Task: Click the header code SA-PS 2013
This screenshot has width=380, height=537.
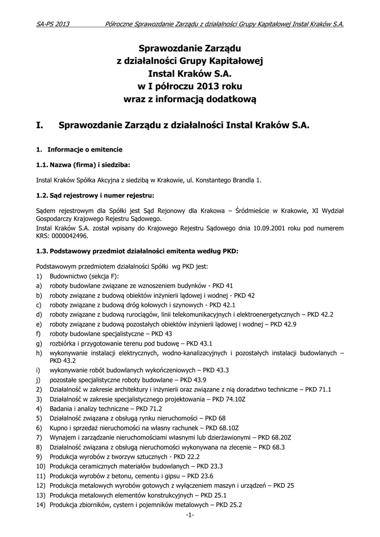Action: (53, 24)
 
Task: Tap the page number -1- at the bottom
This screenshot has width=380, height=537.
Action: (190, 515)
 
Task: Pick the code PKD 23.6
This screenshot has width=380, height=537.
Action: (200, 476)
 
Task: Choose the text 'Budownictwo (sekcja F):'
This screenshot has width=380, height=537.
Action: (85, 276)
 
